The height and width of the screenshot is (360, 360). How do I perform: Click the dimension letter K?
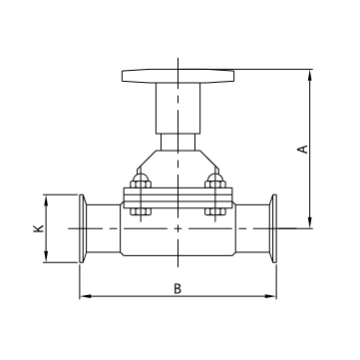point(38,229)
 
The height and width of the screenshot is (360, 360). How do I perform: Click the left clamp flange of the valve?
point(79,229)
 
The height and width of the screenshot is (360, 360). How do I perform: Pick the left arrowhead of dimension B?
point(82,297)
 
